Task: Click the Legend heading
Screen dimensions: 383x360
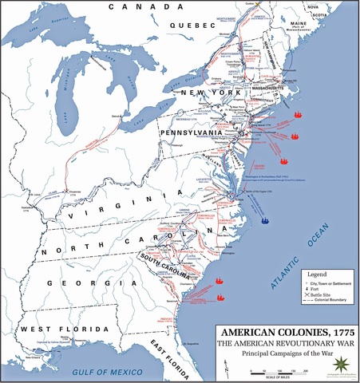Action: click(x=295, y=271)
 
